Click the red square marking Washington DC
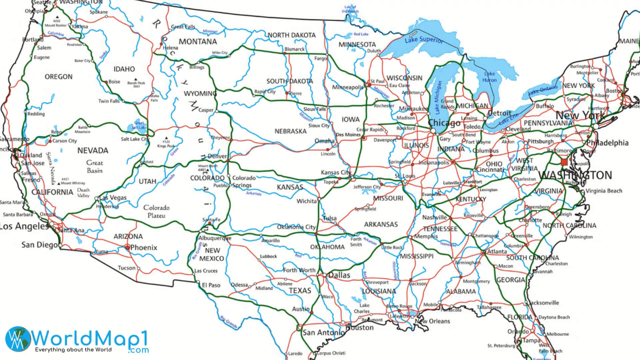pos(564,162)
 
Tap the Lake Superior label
pos(424,40)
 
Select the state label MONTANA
pos(198,42)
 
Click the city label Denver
pos(217,156)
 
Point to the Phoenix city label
pos(144,248)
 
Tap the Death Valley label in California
pos(83,193)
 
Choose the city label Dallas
pos(339,275)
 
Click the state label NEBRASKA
pos(290,131)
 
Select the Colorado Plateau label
pos(156,212)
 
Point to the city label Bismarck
pos(294,49)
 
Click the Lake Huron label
pos(489,77)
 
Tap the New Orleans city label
pos(432,321)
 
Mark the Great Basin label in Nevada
pos(95,167)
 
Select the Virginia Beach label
pos(604,191)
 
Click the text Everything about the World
pos(73,350)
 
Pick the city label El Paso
pos(211,285)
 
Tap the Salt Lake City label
pos(134,139)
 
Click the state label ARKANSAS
pos(381,225)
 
